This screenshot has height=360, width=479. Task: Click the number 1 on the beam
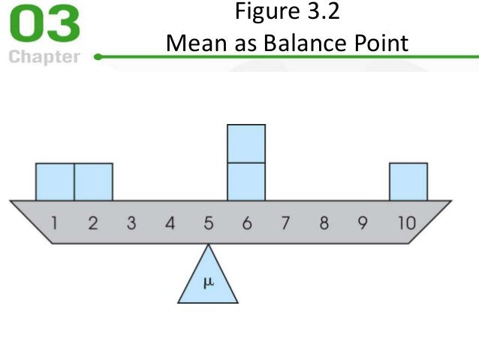coord(55,222)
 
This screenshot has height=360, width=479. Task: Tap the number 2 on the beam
coord(93,222)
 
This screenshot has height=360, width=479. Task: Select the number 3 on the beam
coord(131,222)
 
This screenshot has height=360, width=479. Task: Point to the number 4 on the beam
coord(170,222)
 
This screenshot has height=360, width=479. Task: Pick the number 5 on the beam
coord(209,222)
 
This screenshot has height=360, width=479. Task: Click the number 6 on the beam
coord(247,222)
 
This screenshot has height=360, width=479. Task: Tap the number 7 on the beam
coord(285,222)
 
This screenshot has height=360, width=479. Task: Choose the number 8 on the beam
coord(324,222)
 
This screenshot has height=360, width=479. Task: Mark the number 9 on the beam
coord(363,222)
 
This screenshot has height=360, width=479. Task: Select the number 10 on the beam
coord(406,222)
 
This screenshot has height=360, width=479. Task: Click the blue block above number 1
coord(55,182)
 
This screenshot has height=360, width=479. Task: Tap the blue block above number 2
coord(93,182)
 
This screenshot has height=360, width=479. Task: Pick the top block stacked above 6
coord(246,144)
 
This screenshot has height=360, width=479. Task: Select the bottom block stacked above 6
coord(246,182)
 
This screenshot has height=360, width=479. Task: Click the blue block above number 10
coord(408,182)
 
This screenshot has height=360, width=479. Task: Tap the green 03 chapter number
coord(44,26)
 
